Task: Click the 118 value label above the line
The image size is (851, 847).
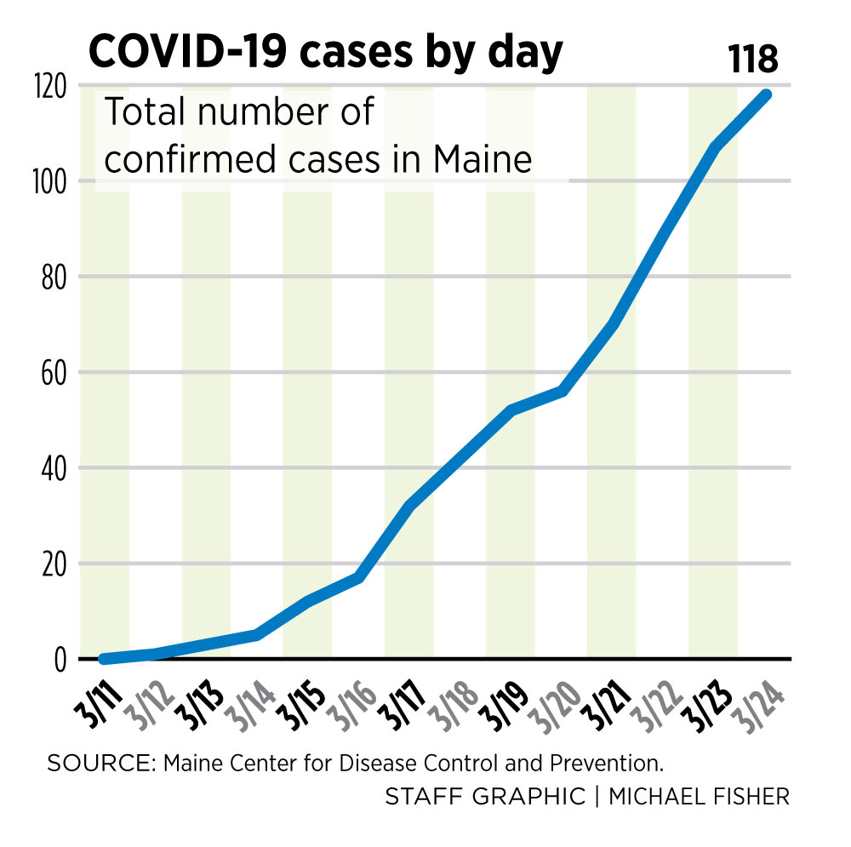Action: (x=753, y=60)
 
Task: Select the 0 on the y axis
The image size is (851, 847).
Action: (x=60, y=660)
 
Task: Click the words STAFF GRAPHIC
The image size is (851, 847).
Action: (x=485, y=797)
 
